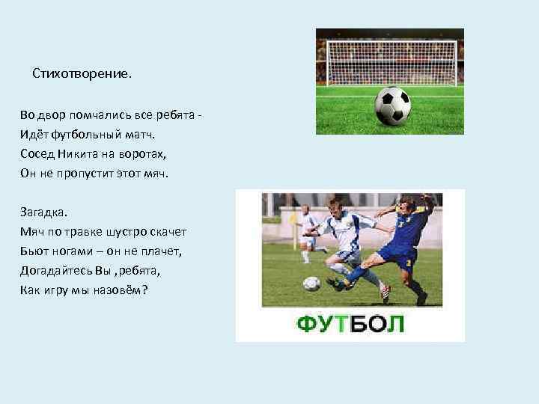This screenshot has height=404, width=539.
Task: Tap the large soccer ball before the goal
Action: (392, 105)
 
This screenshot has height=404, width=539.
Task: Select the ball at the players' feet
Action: (311, 284)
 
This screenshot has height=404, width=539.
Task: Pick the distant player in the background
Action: (307, 233)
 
